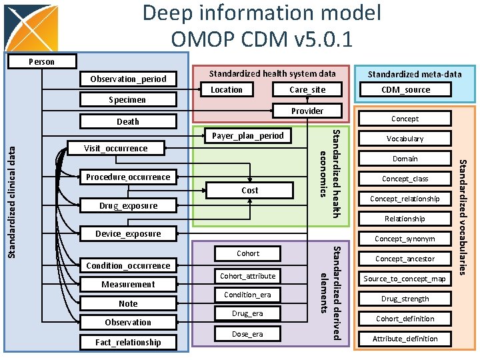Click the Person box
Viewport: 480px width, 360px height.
point(41,61)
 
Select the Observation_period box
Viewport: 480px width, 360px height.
point(128,79)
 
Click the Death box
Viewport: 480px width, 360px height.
point(128,121)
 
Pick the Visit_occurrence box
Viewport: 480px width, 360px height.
point(116,148)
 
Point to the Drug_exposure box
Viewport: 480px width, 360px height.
point(128,205)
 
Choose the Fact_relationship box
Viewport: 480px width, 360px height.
point(128,342)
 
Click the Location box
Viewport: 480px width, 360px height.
point(227,89)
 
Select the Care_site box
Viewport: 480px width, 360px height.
point(307,89)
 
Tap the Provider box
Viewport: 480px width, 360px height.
point(307,111)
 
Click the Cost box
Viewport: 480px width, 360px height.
point(249,190)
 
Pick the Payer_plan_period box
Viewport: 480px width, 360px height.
point(247,135)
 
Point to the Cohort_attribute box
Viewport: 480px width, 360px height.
point(247,276)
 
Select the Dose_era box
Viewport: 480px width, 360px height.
point(247,334)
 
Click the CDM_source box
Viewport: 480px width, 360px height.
point(405,89)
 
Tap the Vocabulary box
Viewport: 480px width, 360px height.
point(405,139)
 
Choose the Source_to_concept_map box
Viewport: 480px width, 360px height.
point(405,279)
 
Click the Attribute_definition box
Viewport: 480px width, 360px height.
point(405,339)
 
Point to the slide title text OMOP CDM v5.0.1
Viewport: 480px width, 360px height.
point(261,39)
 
